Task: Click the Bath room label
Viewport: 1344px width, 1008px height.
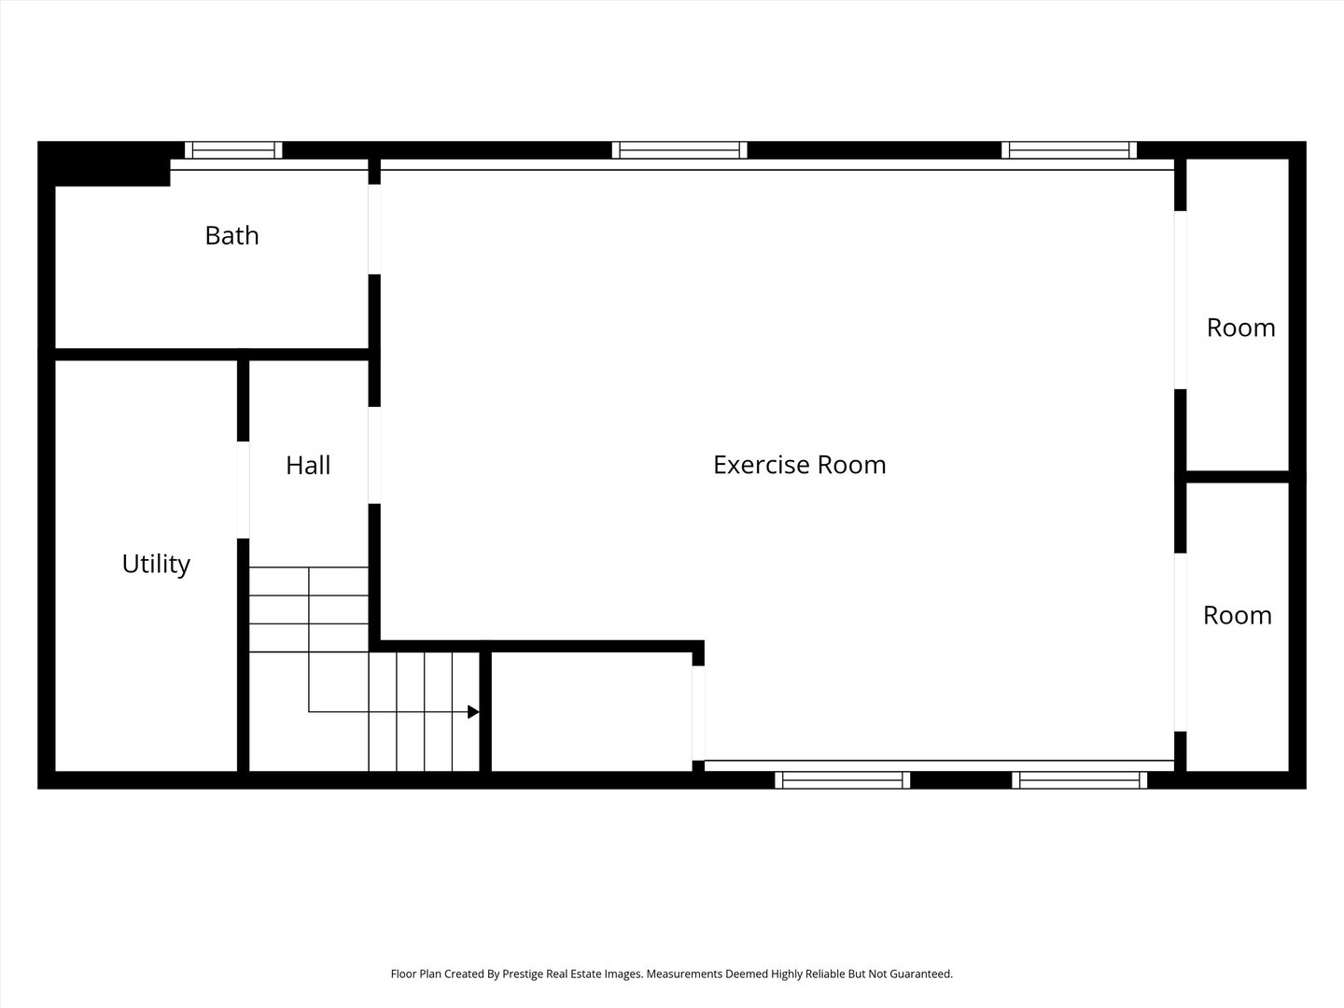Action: (x=231, y=235)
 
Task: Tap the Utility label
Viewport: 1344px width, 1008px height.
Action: (x=156, y=564)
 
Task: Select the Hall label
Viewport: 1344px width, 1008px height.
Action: (x=308, y=465)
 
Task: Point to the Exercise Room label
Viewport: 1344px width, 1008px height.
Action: (x=799, y=465)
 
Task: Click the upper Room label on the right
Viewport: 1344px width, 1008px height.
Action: (x=1240, y=328)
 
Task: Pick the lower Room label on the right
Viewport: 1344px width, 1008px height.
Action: (x=1237, y=615)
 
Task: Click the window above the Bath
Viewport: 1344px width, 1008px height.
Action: (x=233, y=150)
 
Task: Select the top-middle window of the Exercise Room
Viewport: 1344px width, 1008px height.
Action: (x=679, y=150)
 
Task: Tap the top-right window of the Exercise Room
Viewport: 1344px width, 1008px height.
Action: (x=1069, y=150)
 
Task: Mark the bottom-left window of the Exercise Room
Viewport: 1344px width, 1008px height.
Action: (x=842, y=780)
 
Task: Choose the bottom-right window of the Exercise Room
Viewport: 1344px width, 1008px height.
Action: (x=1080, y=780)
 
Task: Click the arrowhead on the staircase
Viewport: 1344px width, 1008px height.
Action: (x=473, y=712)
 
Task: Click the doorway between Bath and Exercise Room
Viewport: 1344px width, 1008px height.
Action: (x=374, y=230)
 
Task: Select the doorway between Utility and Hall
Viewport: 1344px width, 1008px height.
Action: (x=243, y=490)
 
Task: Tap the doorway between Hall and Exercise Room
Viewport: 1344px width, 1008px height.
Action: (x=374, y=455)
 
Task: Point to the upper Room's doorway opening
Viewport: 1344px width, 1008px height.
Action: (x=1180, y=300)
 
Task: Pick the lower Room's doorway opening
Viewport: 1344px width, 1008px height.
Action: (x=1180, y=642)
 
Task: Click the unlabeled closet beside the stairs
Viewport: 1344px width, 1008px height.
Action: (x=591, y=711)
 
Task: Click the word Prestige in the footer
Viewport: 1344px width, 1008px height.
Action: (x=525, y=973)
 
